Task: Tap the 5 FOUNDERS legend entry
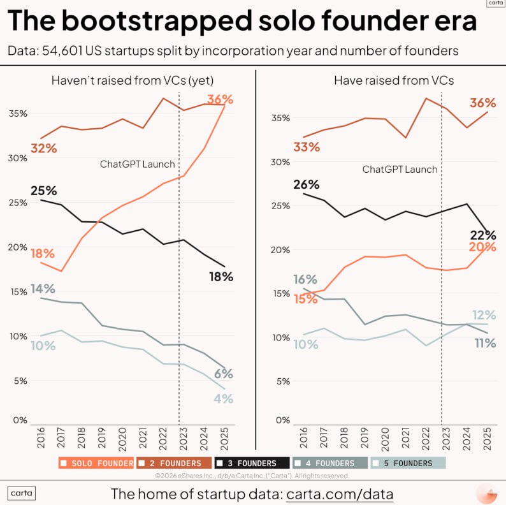[408, 463]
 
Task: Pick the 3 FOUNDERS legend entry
[249, 463]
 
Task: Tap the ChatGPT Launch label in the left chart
[137, 164]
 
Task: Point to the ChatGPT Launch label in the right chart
[400, 169]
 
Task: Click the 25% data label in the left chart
[44, 191]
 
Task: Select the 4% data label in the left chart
[223, 399]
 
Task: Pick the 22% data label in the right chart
[483, 235]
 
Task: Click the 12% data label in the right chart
[482, 314]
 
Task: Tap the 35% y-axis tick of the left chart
[17, 113]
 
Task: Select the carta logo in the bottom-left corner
[21, 493]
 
